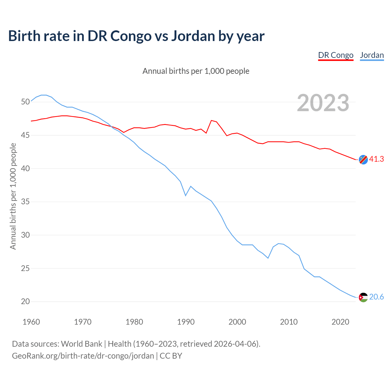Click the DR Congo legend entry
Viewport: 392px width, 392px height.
click(x=336, y=55)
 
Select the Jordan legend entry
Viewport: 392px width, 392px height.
click(x=372, y=55)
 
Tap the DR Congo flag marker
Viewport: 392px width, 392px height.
click(x=363, y=160)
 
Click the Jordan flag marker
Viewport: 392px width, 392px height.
click(x=363, y=297)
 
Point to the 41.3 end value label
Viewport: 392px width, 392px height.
click(x=376, y=159)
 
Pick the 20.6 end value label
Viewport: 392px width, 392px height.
click(x=376, y=297)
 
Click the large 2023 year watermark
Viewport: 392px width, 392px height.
click(x=323, y=103)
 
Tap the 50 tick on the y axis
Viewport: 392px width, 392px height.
click(x=25, y=102)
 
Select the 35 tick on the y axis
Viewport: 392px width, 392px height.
click(x=25, y=202)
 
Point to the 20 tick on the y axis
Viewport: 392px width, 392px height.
click(x=25, y=301)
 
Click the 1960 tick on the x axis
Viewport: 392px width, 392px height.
click(x=31, y=322)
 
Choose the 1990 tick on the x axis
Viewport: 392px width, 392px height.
click(x=186, y=322)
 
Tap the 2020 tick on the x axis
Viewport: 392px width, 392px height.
click(x=341, y=322)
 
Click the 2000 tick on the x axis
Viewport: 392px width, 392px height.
click(x=237, y=322)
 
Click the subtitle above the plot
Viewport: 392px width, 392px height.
click(x=196, y=71)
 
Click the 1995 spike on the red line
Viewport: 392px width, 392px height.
click(x=211, y=120)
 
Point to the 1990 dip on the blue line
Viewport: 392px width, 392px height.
click(x=186, y=195)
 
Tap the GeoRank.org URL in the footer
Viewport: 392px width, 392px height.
click(x=83, y=356)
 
